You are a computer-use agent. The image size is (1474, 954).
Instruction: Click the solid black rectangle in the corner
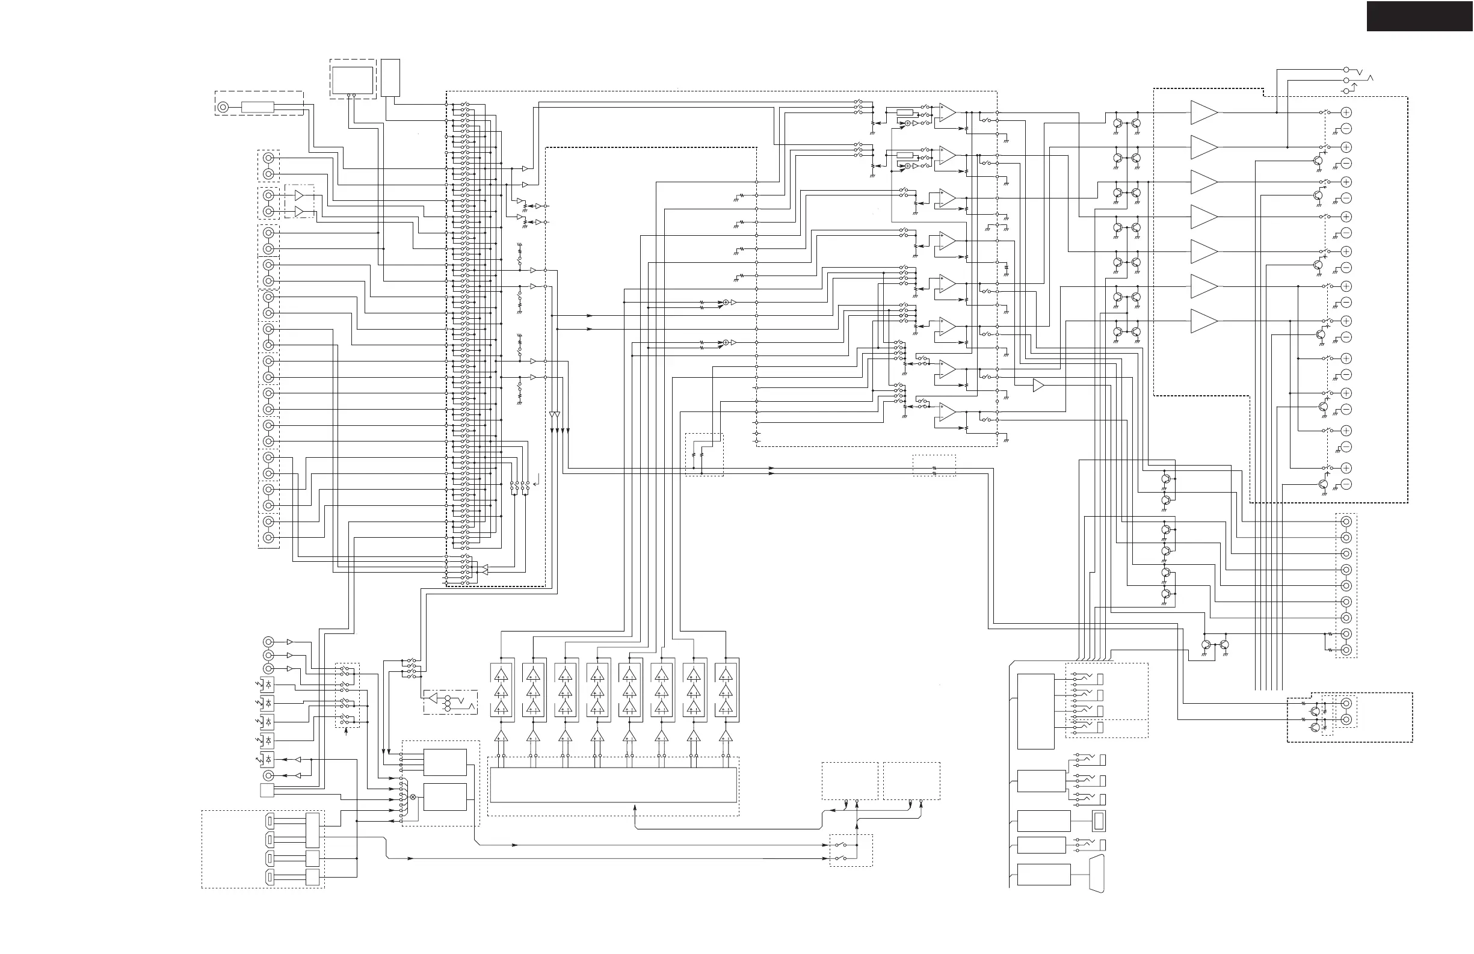coord(1419,16)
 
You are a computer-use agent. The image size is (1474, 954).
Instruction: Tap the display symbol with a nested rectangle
coord(1099,821)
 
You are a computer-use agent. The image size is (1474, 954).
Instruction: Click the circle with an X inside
coord(413,797)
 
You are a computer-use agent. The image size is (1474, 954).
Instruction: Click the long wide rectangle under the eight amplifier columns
coord(613,785)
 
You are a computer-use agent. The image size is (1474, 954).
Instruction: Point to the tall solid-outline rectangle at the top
coord(390,78)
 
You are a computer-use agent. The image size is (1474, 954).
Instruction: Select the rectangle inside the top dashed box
coord(353,80)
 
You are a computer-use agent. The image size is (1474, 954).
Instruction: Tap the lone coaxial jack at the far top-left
coord(224,107)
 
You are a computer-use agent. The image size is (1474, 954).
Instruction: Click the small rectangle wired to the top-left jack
coord(257,107)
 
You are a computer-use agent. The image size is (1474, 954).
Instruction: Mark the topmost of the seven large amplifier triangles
coord(1203,112)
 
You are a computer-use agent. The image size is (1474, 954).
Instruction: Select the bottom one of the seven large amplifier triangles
coord(1203,321)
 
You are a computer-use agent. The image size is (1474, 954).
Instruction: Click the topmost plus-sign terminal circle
coord(1346,112)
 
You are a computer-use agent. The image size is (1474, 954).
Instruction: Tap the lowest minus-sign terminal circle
coord(1346,485)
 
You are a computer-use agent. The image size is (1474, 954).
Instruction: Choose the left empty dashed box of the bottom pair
coord(850,781)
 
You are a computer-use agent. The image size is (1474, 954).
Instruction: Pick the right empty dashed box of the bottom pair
coord(911,781)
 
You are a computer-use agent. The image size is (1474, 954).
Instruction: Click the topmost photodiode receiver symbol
coord(268,685)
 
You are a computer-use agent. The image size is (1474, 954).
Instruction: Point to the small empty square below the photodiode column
coord(267,790)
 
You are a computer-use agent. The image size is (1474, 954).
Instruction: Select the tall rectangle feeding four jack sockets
coord(1035,712)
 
